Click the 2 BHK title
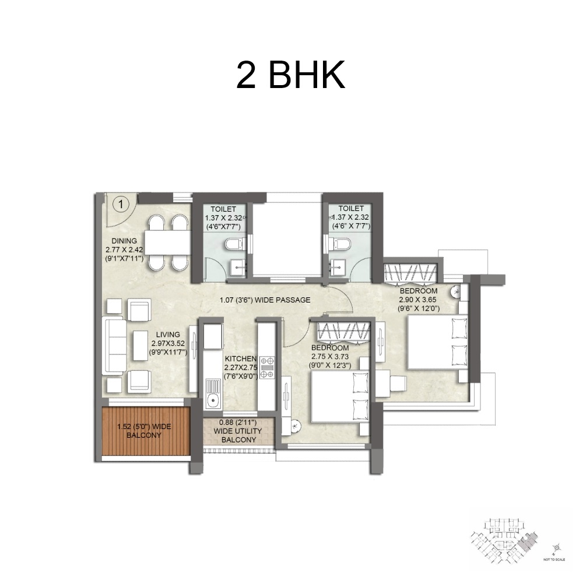coord(290,74)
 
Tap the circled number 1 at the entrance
coord(120,203)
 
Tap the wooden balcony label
coord(144,431)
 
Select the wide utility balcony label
coord(238,431)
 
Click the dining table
coord(167,243)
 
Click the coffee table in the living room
coord(140,345)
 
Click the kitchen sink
coord(213,401)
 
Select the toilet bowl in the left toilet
coord(232,243)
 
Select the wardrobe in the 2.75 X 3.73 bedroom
coord(343,331)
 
